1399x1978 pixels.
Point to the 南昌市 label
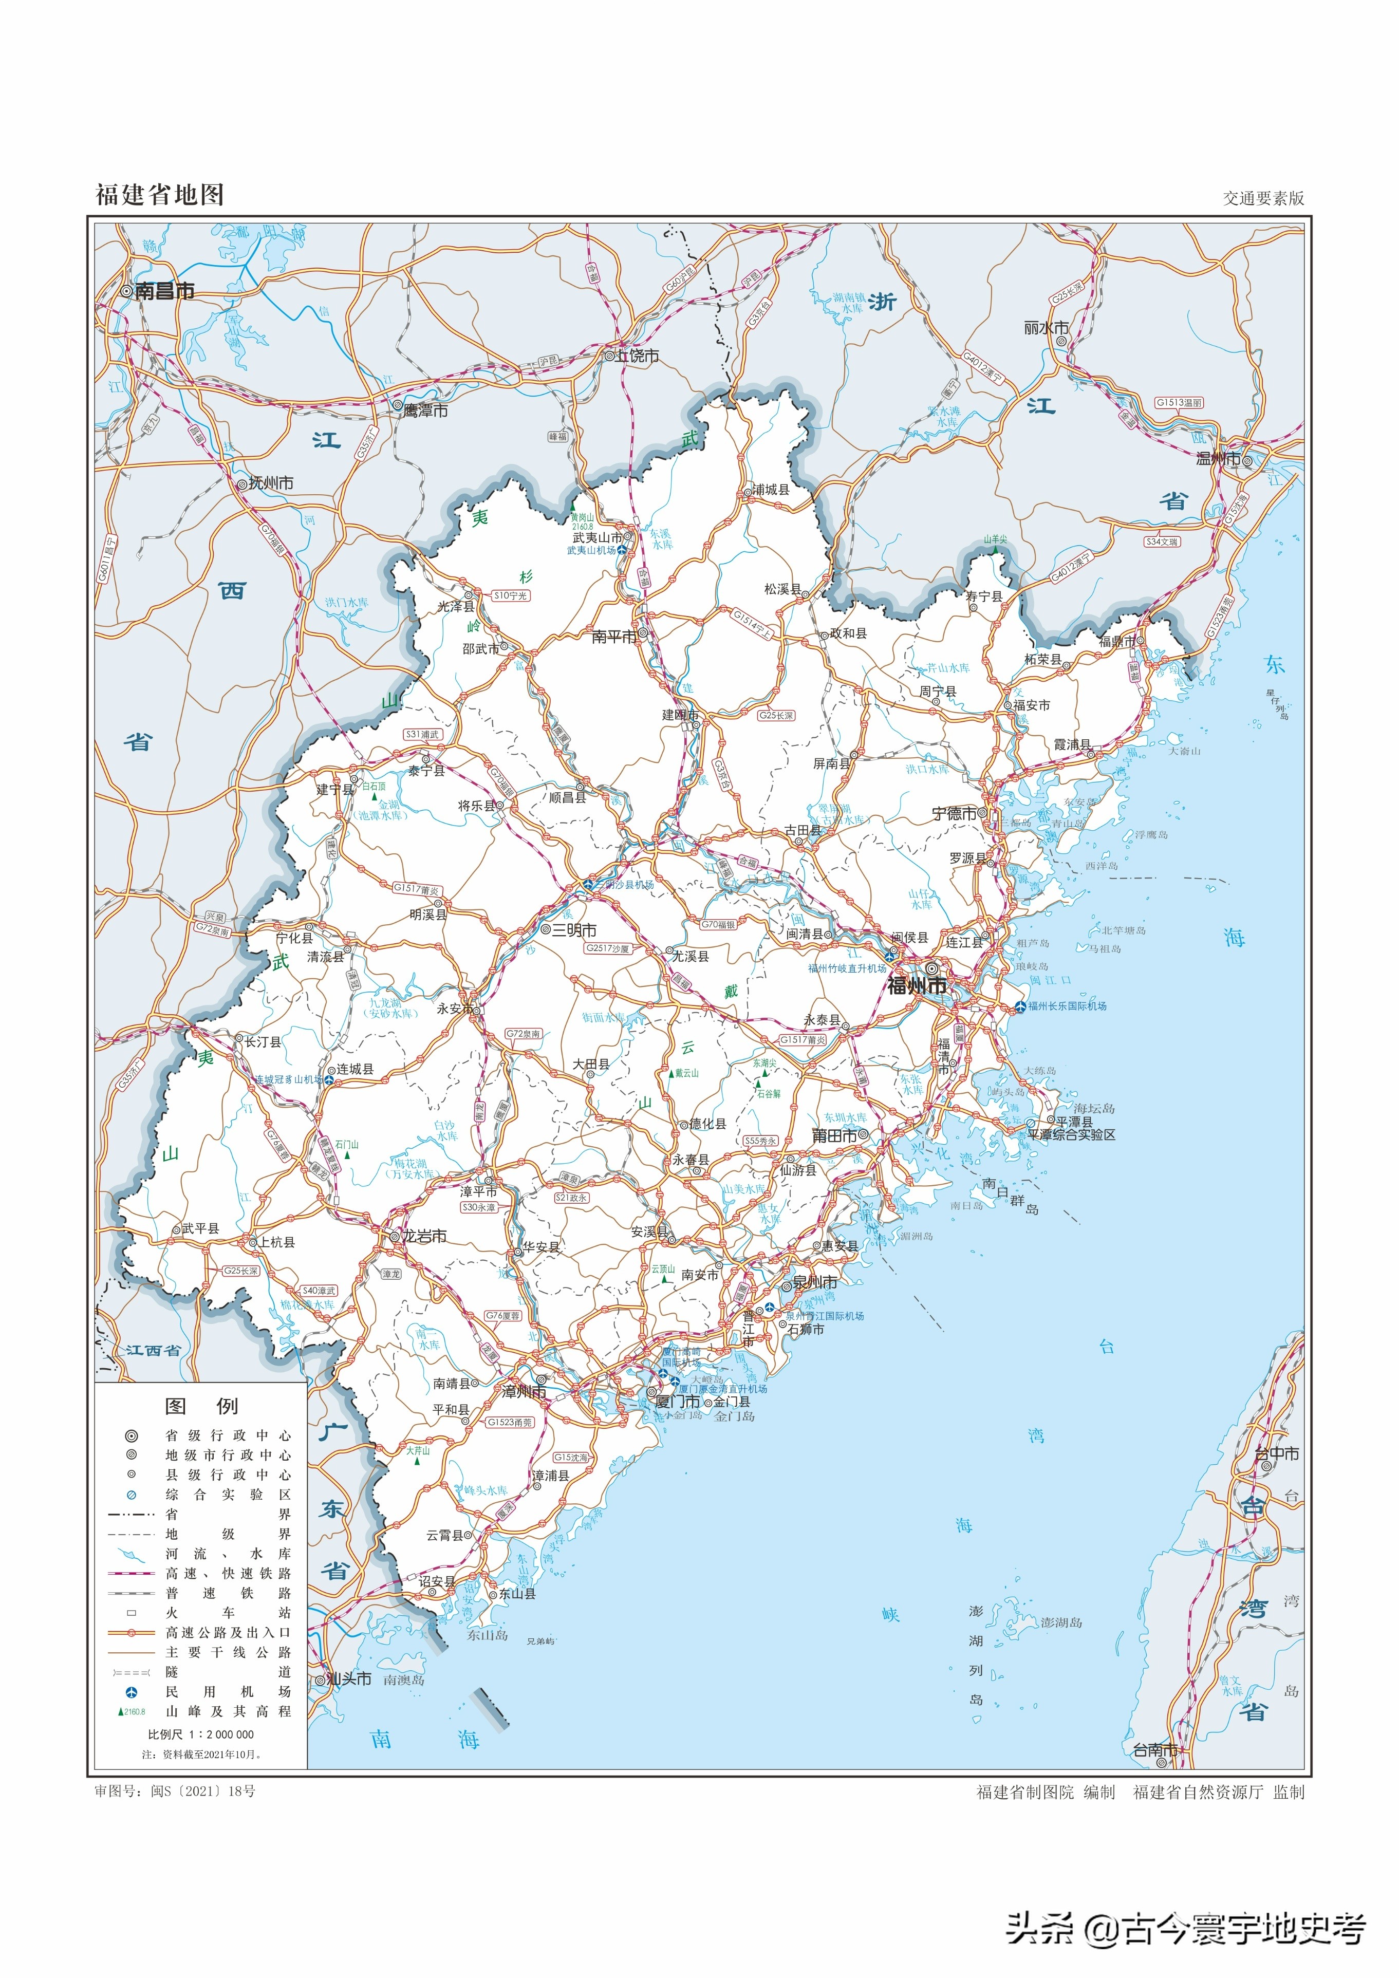coord(164,291)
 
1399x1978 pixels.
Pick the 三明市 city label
coord(574,930)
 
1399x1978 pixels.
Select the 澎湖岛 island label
coord(1061,1622)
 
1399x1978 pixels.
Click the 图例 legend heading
coord(201,1406)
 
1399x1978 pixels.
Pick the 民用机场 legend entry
coord(228,1692)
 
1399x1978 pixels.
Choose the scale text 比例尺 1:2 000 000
coord(201,1734)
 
